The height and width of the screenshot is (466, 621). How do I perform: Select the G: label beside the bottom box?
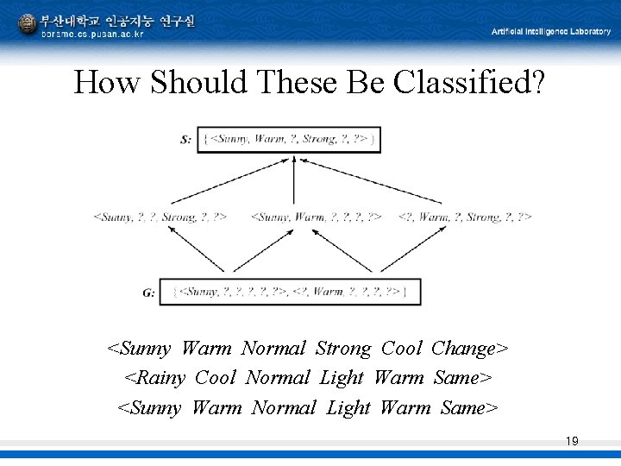pyautogui.click(x=149, y=293)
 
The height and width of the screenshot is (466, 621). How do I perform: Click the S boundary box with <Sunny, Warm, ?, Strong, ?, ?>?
pyautogui.click(x=289, y=139)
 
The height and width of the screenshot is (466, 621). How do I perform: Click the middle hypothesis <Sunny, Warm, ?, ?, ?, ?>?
pyautogui.click(x=316, y=217)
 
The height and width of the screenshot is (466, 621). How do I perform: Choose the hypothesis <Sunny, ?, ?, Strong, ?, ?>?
pyautogui.click(x=160, y=217)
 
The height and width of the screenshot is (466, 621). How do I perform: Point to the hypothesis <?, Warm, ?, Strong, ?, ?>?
pyautogui.click(x=465, y=217)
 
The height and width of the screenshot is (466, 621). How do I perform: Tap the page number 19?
pyautogui.click(x=571, y=442)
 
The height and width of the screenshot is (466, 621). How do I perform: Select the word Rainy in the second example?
pyautogui.click(x=160, y=378)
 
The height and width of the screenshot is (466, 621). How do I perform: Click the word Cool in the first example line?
pyautogui.click(x=401, y=349)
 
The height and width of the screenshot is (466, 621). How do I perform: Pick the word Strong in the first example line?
pyautogui.click(x=342, y=349)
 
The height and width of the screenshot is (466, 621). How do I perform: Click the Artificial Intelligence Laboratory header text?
pyautogui.click(x=550, y=31)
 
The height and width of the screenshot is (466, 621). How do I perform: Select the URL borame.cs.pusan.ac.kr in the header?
pyautogui.click(x=93, y=34)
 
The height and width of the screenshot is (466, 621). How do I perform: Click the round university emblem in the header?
pyautogui.click(x=28, y=24)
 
